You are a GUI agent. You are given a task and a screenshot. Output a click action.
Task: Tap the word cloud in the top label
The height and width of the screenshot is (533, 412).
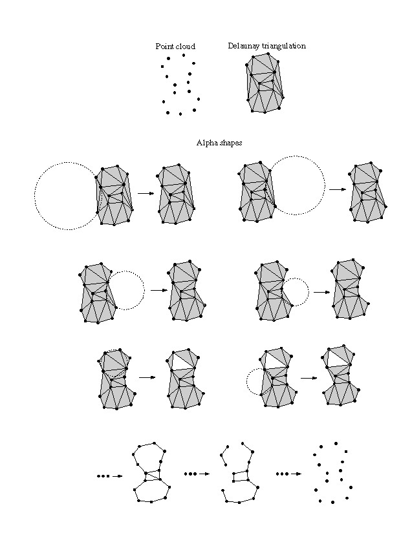(x=185, y=47)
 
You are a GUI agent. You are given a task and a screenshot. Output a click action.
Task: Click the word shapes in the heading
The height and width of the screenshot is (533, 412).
(x=231, y=143)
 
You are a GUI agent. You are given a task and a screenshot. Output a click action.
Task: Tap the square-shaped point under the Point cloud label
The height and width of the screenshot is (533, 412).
(x=162, y=67)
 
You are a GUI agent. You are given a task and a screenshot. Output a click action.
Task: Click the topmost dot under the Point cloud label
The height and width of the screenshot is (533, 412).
(x=184, y=55)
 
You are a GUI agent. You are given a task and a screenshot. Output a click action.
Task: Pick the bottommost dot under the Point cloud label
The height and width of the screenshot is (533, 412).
(x=180, y=114)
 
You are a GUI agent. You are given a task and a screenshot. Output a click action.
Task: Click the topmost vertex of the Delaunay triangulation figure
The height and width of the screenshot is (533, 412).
(x=268, y=54)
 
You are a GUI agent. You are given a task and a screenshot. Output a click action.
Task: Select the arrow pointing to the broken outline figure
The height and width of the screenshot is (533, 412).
(x=204, y=474)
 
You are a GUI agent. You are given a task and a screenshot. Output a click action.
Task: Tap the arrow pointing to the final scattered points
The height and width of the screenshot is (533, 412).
(x=296, y=474)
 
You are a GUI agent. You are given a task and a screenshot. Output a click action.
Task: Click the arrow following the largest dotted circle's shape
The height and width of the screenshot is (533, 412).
(x=146, y=193)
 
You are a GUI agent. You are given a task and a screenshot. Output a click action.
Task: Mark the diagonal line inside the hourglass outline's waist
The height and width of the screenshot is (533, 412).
(x=153, y=476)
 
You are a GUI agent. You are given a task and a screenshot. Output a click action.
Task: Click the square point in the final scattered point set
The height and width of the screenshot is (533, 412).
(x=346, y=452)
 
